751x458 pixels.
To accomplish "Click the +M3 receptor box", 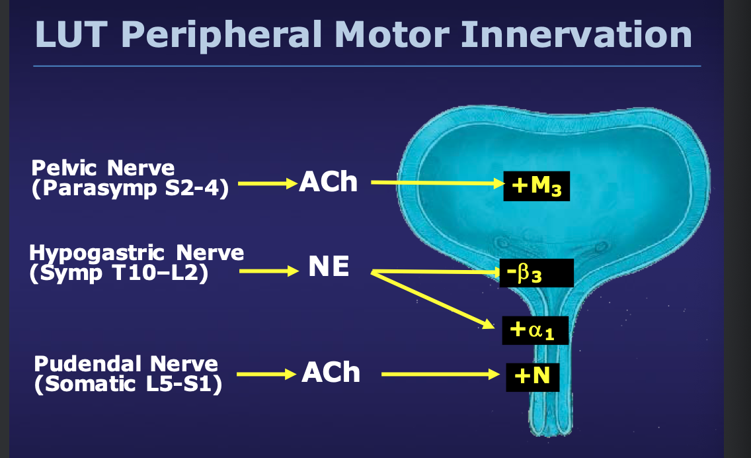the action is (536, 187).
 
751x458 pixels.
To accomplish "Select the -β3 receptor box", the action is (534, 273).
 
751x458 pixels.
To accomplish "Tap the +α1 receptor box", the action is (535, 329).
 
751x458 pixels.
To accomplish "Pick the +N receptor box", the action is (533, 377).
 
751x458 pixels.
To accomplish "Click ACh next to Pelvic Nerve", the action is (329, 182).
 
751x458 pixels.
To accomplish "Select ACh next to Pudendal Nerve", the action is (331, 373).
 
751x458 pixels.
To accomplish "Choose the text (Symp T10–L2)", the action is (119, 273).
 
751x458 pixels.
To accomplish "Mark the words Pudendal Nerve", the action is (126, 364).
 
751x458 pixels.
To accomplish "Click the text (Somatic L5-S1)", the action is (128, 383).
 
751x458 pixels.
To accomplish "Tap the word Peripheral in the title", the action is (225, 35).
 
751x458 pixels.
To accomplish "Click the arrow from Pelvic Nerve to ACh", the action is (265, 184).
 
